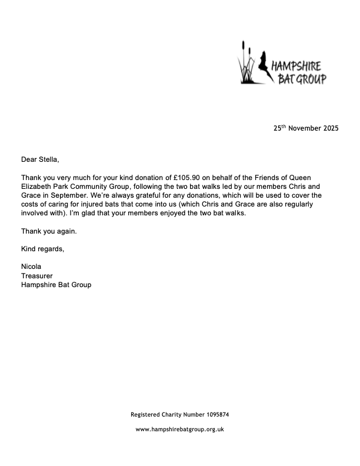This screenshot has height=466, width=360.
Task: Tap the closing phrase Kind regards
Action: pyautogui.click(x=42, y=249)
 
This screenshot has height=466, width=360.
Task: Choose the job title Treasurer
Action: pyautogui.click(x=38, y=275)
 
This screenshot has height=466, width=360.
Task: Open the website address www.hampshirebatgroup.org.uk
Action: pyautogui.click(x=180, y=430)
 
